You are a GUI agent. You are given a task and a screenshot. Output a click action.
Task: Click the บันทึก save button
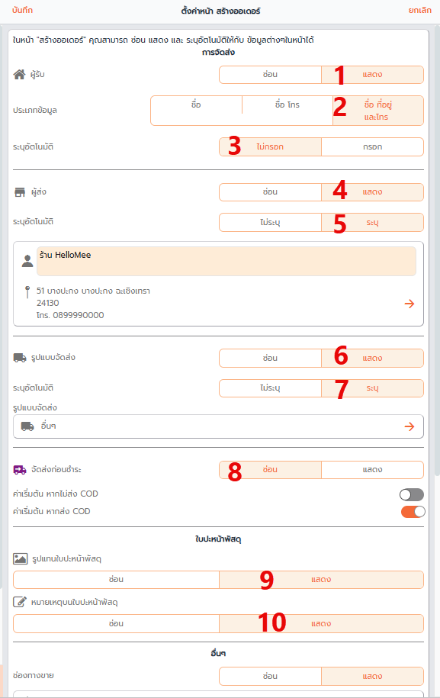point(22,10)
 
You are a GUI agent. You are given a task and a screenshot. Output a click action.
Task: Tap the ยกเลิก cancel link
point(420,10)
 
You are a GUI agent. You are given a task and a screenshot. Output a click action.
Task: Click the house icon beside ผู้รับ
point(19,74)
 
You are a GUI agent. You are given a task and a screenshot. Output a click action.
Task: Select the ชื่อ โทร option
point(287,105)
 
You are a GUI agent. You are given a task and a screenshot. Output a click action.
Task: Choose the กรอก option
point(372,147)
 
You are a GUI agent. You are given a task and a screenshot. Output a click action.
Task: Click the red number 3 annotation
point(234,146)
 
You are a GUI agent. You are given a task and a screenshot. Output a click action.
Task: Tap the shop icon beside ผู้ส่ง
point(20,192)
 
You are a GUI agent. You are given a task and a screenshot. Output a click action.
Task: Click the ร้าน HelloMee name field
point(226,262)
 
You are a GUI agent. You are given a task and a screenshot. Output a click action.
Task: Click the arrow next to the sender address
point(409,304)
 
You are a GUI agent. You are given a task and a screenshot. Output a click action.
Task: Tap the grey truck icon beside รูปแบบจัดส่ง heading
point(20,358)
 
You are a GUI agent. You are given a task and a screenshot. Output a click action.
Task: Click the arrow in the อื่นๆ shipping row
point(409,426)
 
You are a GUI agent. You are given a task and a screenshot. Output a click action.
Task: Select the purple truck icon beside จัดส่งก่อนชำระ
point(20,470)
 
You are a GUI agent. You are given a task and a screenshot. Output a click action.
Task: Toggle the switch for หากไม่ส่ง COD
point(412,494)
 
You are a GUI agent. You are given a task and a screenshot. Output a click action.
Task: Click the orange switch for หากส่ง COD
point(413,512)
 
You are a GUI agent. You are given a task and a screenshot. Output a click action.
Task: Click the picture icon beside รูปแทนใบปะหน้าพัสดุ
point(21,558)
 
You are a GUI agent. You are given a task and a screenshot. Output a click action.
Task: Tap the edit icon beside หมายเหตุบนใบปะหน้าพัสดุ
point(20,602)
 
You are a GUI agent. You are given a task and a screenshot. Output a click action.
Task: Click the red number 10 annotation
point(271,622)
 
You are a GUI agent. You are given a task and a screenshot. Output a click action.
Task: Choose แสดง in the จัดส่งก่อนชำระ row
point(372,470)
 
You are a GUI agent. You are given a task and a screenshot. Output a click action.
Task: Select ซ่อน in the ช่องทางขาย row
point(270,676)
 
